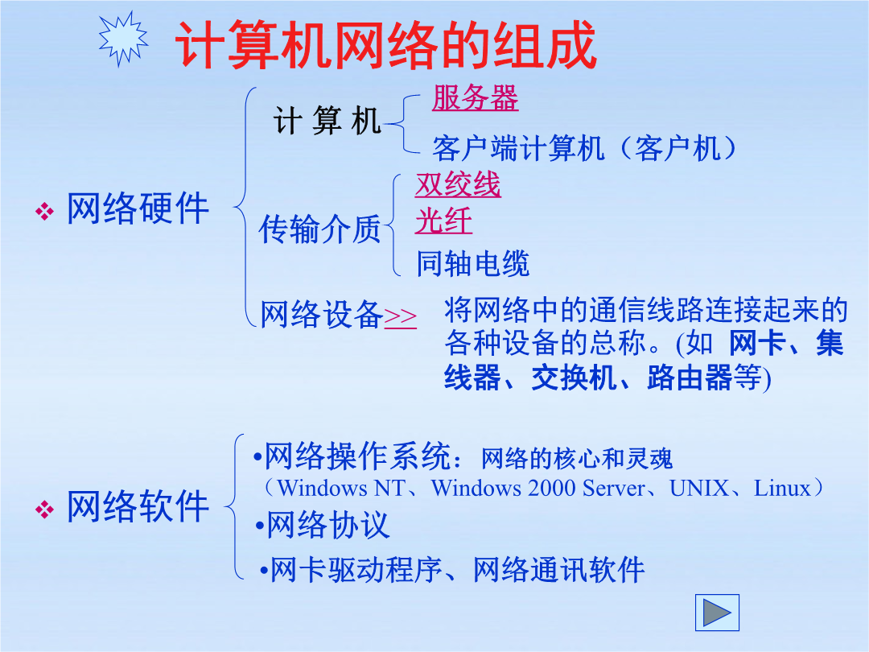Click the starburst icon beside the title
pos(123,39)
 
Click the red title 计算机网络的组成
pos(385,45)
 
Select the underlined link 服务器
pos(475,98)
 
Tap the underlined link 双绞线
pos(458,184)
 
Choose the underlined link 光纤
pos(443,221)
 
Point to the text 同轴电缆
pos(473,262)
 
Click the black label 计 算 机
pos(327,121)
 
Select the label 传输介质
pos(319,229)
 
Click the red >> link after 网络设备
pos(400,316)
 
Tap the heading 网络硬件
pos(138,209)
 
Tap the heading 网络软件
pos(138,506)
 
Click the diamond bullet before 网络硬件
pos(45,211)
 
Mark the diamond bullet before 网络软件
pos(45,509)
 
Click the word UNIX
pos(699,489)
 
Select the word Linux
pos(783,489)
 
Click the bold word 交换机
pos(575,378)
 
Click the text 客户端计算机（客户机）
pos(584,149)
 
